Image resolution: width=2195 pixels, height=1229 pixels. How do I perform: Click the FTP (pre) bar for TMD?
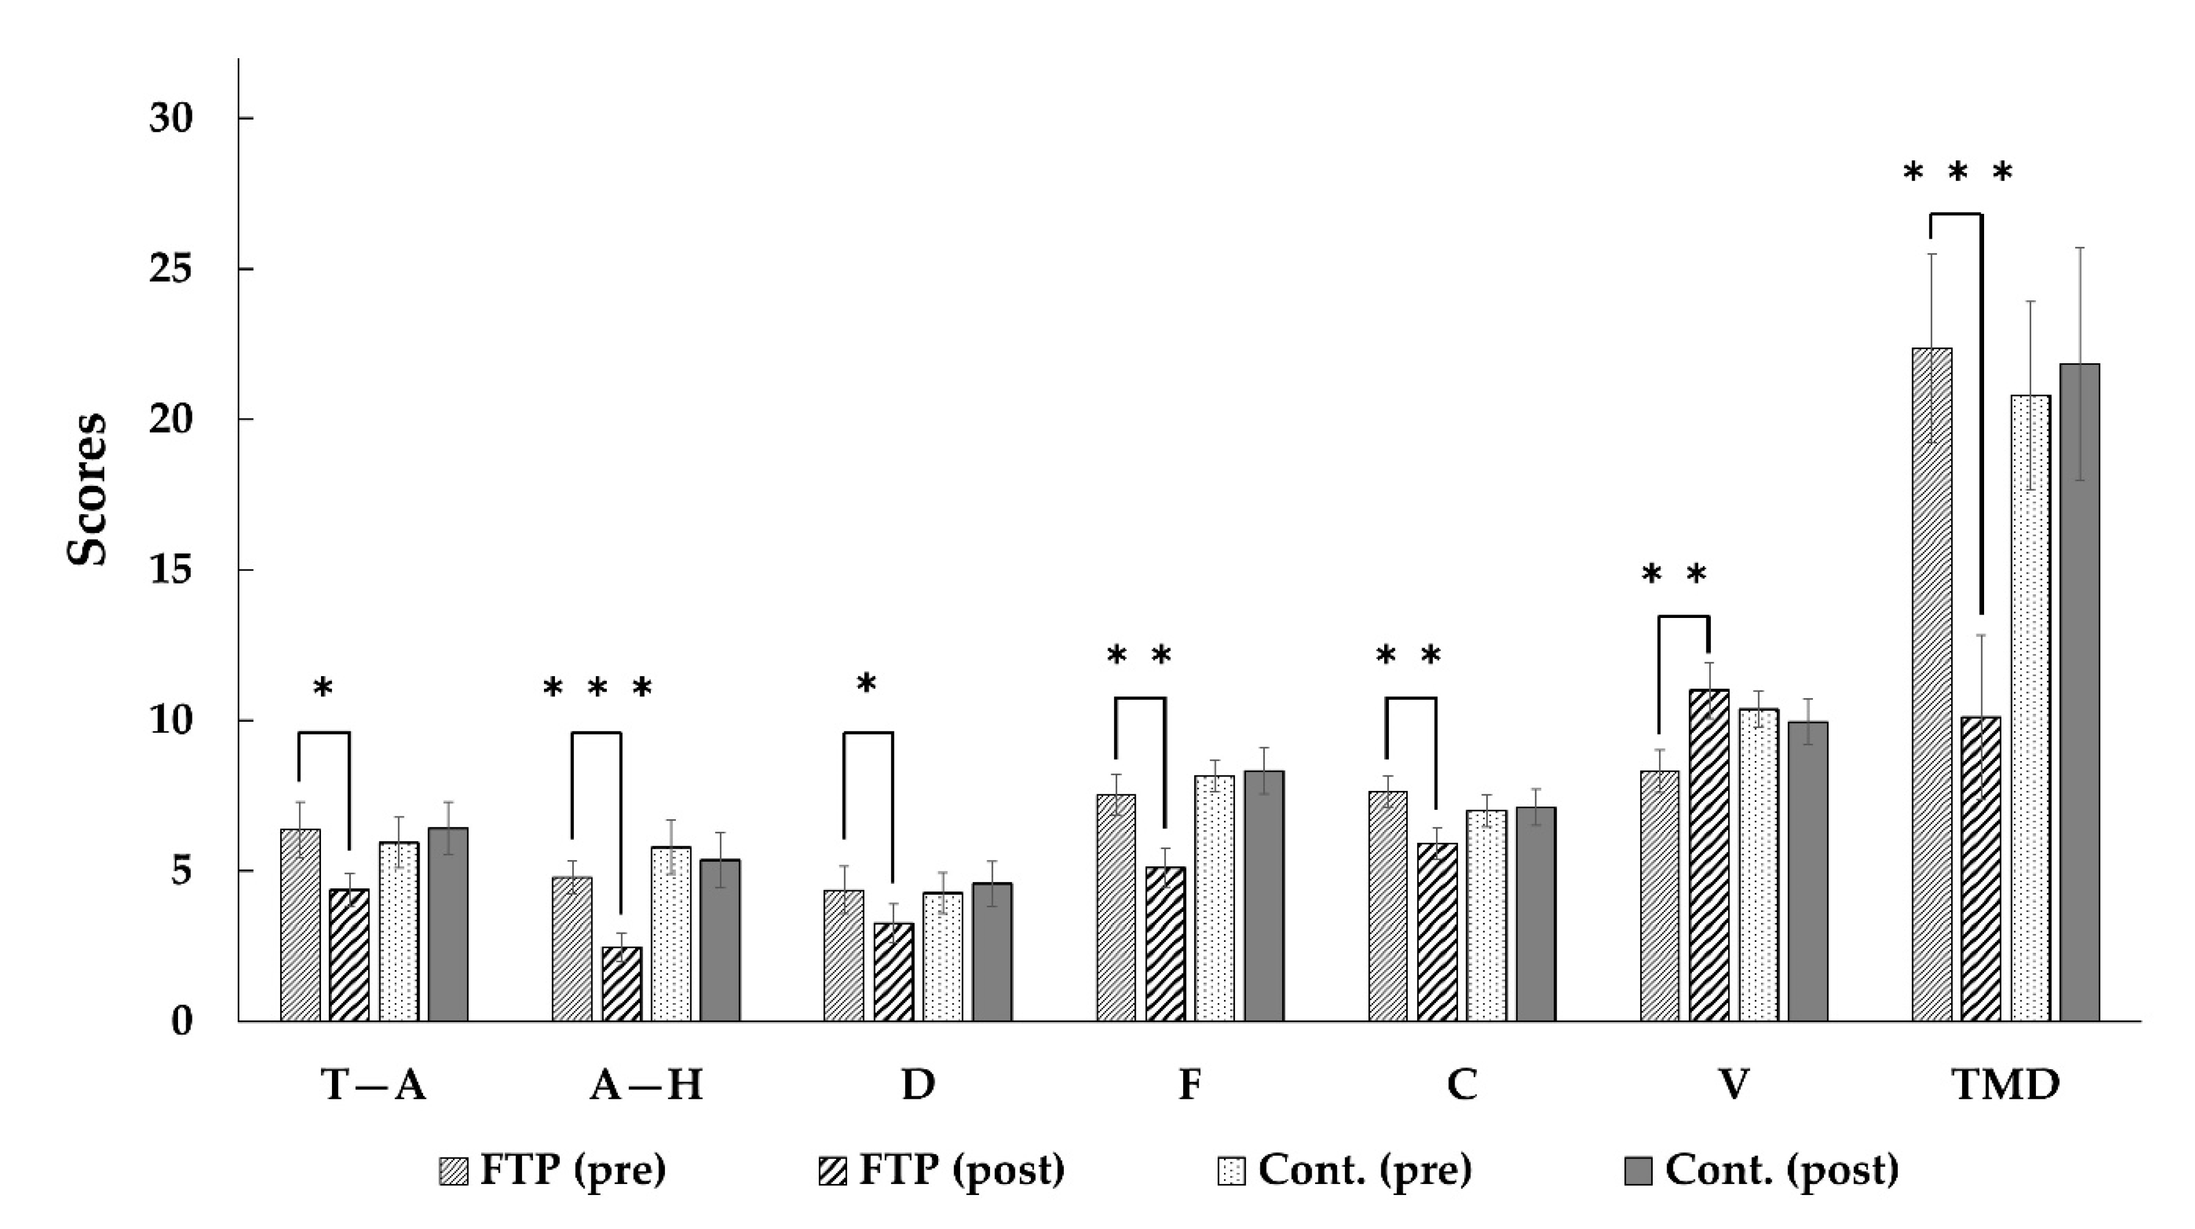[1932, 684]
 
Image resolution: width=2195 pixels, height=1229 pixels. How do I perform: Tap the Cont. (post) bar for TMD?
[2080, 692]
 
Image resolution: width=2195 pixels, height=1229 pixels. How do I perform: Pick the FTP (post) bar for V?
[1709, 855]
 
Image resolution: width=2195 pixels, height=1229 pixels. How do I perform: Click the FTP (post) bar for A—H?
[622, 983]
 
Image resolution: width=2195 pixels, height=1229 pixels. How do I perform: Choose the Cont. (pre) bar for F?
[1214, 898]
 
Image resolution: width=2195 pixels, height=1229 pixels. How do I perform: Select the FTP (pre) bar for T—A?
[301, 925]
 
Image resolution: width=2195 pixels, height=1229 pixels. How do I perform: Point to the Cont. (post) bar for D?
[993, 952]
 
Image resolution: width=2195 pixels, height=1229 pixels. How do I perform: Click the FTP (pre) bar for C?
[1388, 906]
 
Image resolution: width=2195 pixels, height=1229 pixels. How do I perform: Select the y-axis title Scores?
[87, 490]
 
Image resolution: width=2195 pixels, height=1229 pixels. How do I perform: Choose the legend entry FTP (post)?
[942, 1170]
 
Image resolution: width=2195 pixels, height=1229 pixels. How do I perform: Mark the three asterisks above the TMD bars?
[1958, 173]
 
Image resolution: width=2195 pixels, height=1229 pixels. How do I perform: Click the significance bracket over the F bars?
[1140, 699]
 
